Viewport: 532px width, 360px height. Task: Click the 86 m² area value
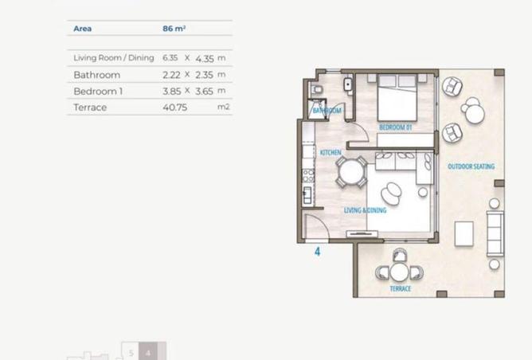click(x=174, y=29)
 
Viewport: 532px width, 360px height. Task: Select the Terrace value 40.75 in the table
click(x=174, y=108)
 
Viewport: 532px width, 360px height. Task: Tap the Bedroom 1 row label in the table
click(x=98, y=92)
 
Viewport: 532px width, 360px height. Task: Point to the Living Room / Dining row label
click(x=114, y=58)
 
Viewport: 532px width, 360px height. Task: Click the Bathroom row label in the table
click(x=96, y=75)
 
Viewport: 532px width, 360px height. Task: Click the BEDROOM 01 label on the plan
click(x=395, y=127)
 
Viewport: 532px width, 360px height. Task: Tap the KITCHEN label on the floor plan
click(x=331, y=153)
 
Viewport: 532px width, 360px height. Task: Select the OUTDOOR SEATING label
click(x=471, y=166)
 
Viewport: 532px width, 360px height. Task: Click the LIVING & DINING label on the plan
click(x=365, y=210)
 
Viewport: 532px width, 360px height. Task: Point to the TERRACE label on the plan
click(x=401, y=289)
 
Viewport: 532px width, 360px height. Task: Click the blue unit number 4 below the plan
click(x=317, y=252)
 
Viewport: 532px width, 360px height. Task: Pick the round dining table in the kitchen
click(x=351, y=172)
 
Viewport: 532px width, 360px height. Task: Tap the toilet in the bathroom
click(x=316, y=90)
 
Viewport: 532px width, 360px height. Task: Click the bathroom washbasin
click(x=348, y=84)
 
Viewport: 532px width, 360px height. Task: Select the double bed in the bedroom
click(x=397, y=98)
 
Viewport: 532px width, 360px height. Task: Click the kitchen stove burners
click(x=308, y=176)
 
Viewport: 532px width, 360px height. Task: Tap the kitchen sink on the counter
click(x=307, y=195)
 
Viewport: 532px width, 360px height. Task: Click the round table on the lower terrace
click(x=399, y=272)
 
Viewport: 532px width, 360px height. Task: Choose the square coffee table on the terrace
click(x=464, y=234)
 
